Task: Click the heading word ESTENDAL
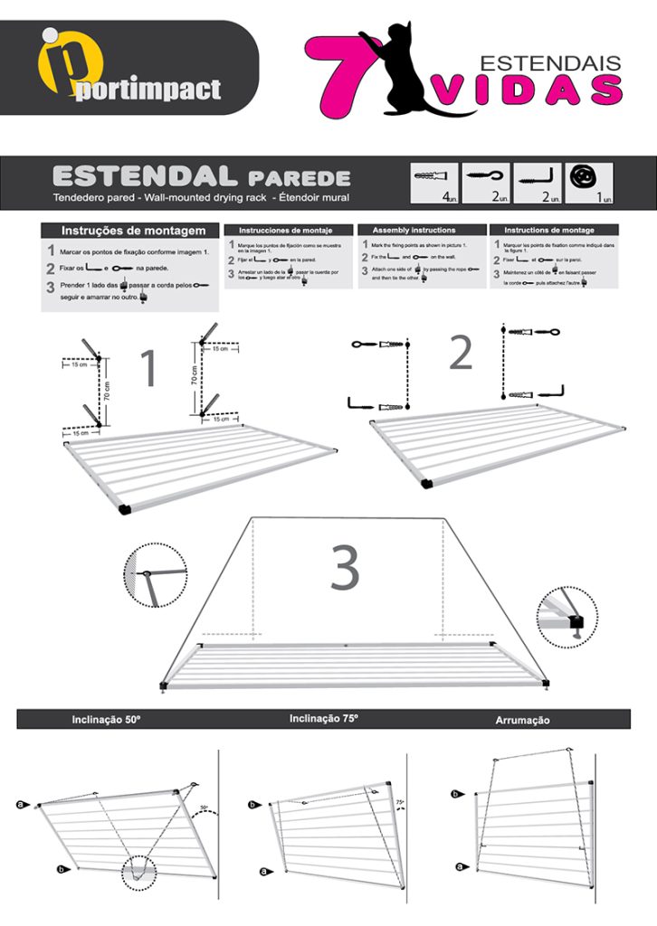click(x=145, y=176)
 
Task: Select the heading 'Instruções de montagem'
click(x=127, y=231)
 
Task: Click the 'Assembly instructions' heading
click(x=414, y=231)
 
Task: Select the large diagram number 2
click(x=461, y=354)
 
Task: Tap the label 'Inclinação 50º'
click(x=106, y=721)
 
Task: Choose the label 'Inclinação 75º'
click(x=324, y=719)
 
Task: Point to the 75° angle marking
click(x=400, y=802)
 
